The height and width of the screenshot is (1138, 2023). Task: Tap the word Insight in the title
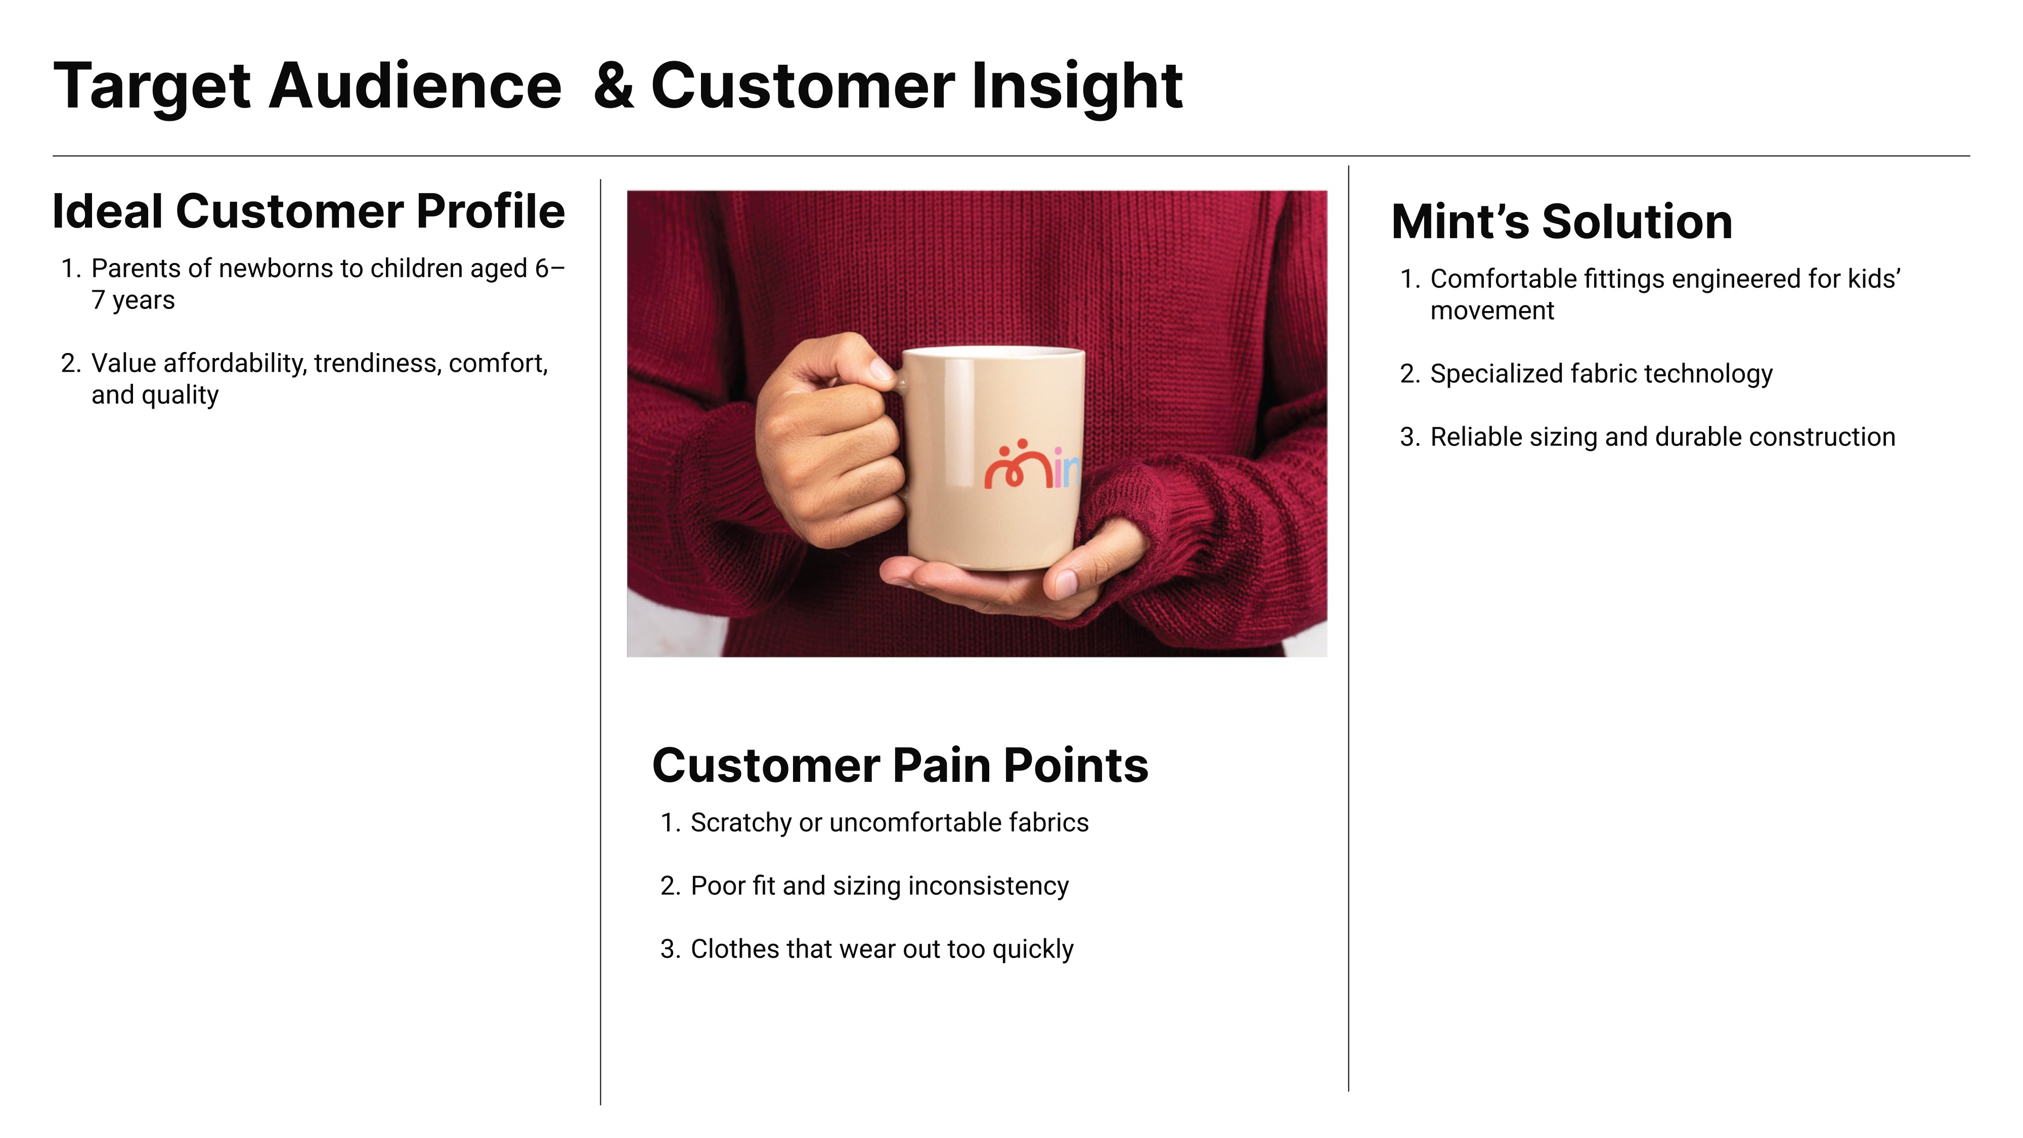[x=1077, y=88]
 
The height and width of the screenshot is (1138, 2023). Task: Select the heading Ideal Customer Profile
[x=309, y=211]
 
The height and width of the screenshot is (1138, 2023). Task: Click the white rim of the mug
[x=993, y=351]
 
